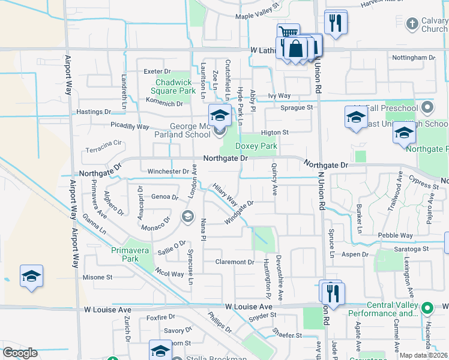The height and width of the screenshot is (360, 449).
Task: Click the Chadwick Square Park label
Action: pyautogui.click(x=176, y=86)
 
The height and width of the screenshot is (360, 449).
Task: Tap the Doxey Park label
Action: pyautogui.click(x=256, y=146)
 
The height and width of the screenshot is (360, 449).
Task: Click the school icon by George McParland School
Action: pyautogui.click(x=220, y=115)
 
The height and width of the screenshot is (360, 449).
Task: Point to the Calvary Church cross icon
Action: pyautogui.click(x=412, y=23)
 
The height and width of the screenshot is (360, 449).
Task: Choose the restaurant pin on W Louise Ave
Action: pyautogui.click(x=331, y=292)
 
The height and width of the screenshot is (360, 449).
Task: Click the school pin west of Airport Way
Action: pyautogui.click(x=31, y=276)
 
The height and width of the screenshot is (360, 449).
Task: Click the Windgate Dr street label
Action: pyautogui.click(x=240, y=212)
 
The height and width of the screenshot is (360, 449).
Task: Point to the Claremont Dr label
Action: pyautogui.click(x=235, y=262)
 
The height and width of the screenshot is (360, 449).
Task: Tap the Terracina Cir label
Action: pyautogui.click(x=104, y=144)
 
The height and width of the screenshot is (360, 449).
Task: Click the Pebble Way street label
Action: pyautogui.click(x=395, y=236)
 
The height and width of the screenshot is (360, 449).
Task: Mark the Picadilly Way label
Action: pyautogui.click(x=130, y=127)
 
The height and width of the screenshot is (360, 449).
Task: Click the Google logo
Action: pyautogui.click(x=20, y=353)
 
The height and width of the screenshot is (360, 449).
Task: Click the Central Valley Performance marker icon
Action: pyautogui.click(x=427, y=308)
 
